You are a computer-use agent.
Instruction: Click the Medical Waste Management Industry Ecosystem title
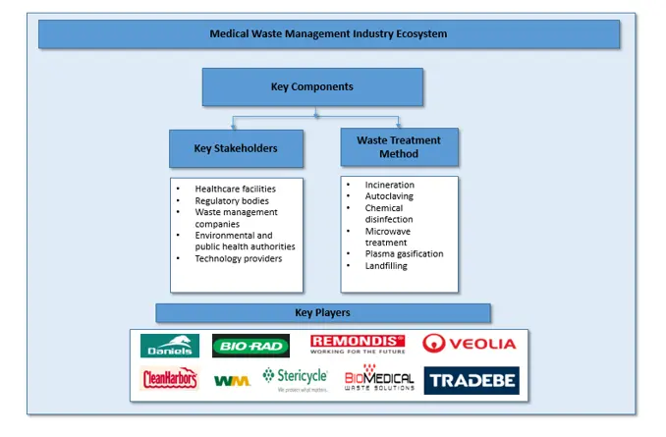(x=328, y=33)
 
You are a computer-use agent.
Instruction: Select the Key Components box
(x=312, y=86)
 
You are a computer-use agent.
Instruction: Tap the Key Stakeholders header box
(x=236, y=149)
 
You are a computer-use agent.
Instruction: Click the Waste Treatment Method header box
(x=399, y=147)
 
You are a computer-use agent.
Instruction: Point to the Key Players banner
(x=322, y=312)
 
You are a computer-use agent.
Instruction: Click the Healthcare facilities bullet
(x=235, y=189)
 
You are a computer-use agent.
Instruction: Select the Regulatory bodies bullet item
(x=232, y=200)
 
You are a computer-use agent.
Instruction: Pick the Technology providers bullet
(x=238, y=258)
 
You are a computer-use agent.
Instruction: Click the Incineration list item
(x=390, y=185)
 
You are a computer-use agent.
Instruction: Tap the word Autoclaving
(x=390, y=196)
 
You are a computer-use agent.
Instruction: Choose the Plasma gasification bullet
(x=404, y=253)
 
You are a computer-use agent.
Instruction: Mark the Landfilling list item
(x=386, y=265)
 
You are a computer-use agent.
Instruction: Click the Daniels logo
(x=170, y=346)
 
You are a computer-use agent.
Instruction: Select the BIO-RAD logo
(x=250, y=346)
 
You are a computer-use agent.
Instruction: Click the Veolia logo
(x=469, y=344)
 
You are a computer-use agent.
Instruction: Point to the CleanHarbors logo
(x=169, y=378)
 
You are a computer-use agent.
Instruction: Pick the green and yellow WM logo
(x=232, y=379)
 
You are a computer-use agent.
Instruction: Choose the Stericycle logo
(x=296, y=379)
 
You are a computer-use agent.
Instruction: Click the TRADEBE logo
(x=472, y=380)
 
